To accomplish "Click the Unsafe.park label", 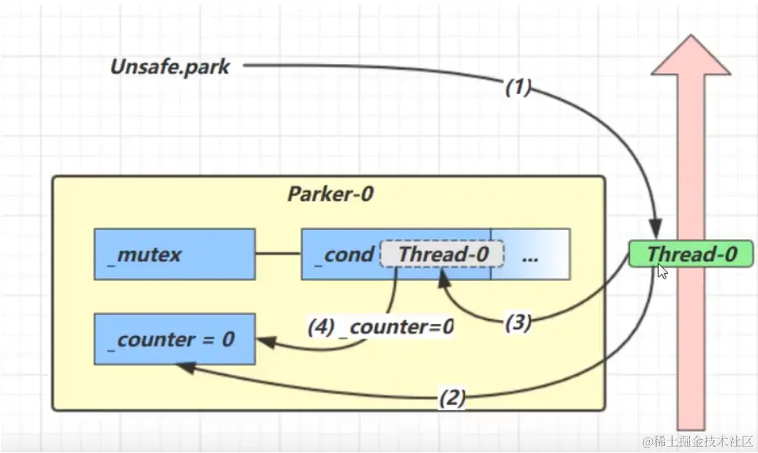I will [x=170, y=67].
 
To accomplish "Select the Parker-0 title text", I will [x=330, y=194].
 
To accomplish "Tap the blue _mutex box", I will [x=174, y=254].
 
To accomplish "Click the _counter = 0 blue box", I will [x=174, y=339].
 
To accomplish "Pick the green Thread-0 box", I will [x=691, y=254].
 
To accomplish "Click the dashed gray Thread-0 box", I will [x=442, y=254].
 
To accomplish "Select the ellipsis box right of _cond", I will [x=530, y=254].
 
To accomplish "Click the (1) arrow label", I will [x=517, y=88].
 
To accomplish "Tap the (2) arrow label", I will [x=451, y=398].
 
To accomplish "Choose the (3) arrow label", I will [x=517, y=323].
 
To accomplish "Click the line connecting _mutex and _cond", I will [x=278, y=254].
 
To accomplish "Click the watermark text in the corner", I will [x=698, y=441].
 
